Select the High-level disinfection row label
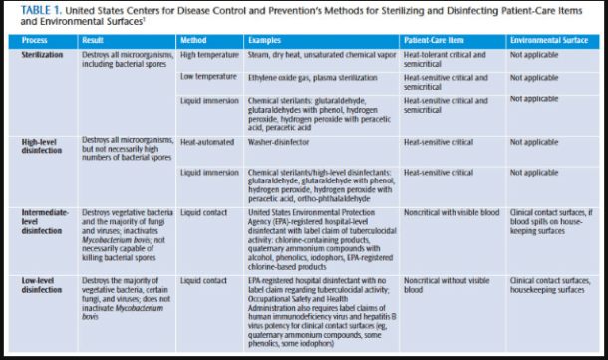tap(42, 147)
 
